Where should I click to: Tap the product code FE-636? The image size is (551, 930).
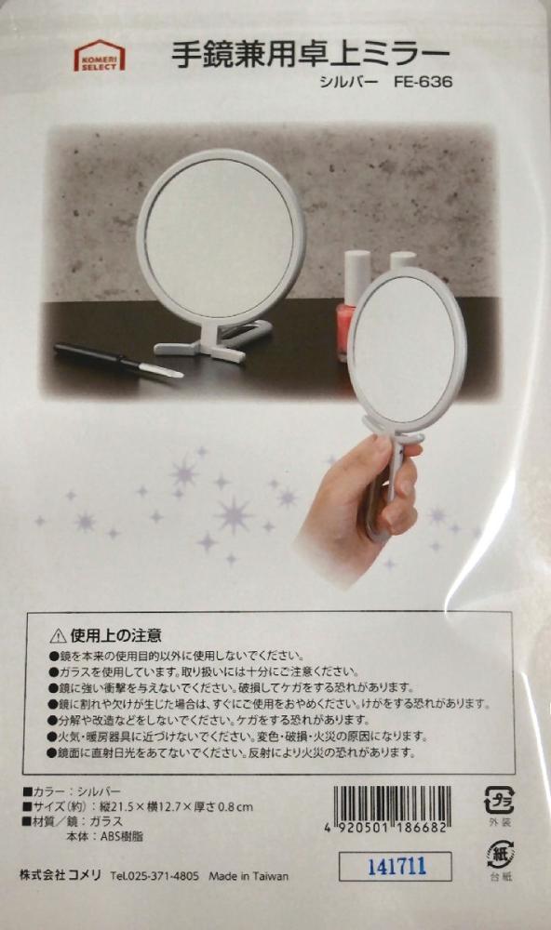(423, 81)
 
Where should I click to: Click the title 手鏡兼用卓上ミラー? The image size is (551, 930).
(311, 57)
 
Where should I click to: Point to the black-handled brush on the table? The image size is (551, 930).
(118, 359)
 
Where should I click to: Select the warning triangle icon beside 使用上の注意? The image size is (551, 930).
(58, 637)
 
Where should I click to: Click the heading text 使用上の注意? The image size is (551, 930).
(115, 636)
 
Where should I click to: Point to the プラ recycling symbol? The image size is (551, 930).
(499, 800)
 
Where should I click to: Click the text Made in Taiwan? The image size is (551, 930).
(249, 876)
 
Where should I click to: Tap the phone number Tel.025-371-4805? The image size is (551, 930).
(155, 876)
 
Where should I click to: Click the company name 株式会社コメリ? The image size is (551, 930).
(60, 875)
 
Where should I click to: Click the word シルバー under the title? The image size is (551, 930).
(348, 82)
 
